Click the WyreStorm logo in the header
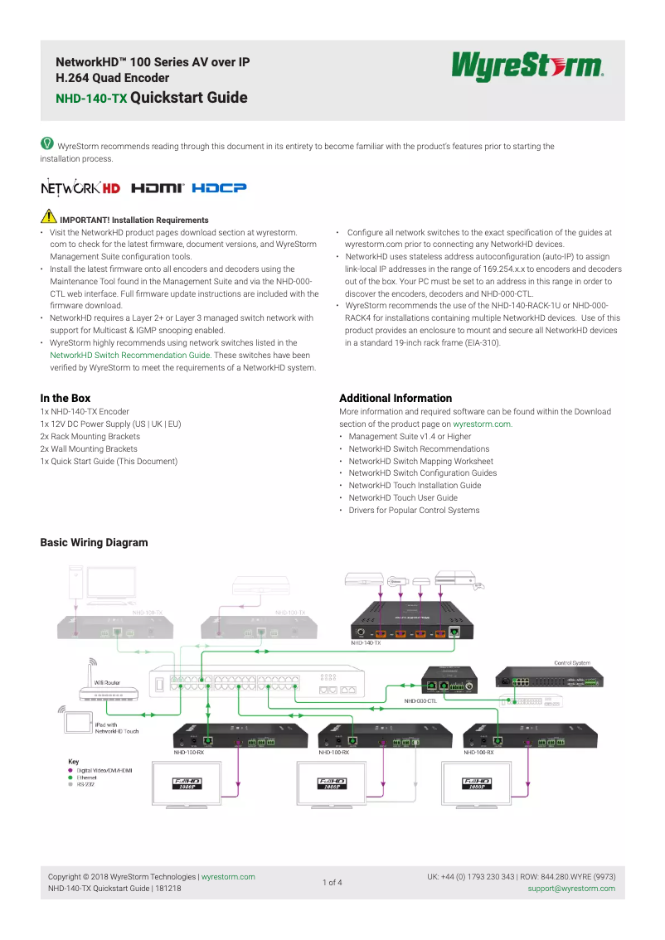527,67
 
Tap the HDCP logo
219,188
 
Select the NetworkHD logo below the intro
80,188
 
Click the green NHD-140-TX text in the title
91,99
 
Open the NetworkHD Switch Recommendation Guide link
129,355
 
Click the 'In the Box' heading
66,399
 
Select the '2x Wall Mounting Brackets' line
89,448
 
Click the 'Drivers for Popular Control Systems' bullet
414,511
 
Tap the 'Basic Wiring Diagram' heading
94,543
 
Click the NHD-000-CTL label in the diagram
420,701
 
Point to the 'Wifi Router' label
107,681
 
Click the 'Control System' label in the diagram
572,662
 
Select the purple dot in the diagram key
70,770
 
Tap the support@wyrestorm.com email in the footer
571,889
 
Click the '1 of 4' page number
332,882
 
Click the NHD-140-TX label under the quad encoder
366,642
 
